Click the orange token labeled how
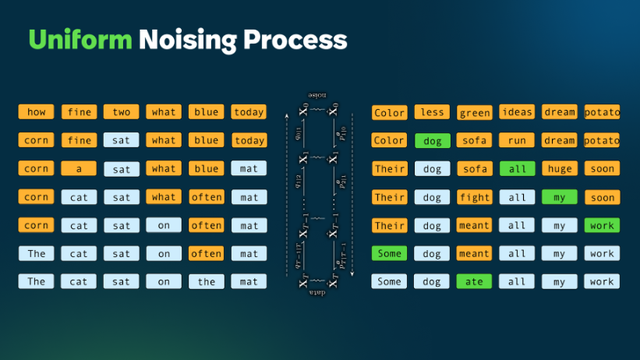pos(37,112)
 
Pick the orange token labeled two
pos(121,112)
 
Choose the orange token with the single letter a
pos(79,169)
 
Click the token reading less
pos(432,112)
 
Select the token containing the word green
pos(474,112)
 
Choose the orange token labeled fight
pos(474,197)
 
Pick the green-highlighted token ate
pos(474,282)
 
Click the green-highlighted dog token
pos(432,141)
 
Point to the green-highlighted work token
pos(601,225)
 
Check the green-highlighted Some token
pos(389,254)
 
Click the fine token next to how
pos(79,112)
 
